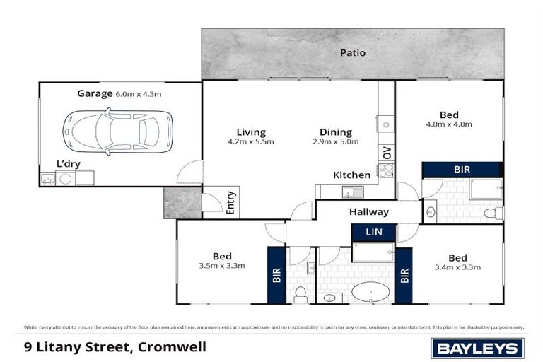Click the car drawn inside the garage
tap(117, 132)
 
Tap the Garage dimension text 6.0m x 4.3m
tap(139, 93)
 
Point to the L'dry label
tap(68, 164)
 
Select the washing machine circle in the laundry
tap(65, 179)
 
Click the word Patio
tap(352, 52)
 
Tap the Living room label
tap(251, 132)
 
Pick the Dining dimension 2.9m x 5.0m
tap(335, 141)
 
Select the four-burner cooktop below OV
tap(386, 170)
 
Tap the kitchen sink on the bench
tap(351, 191)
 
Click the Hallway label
tap(368, 211)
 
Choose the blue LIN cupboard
tap(373, 231)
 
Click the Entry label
tap(230, 203)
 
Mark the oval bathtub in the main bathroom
tap(370, 291)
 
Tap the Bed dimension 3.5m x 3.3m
tap(222, 266)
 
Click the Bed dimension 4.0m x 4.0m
tap(448, 124)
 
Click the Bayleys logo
tap(478, 348)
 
